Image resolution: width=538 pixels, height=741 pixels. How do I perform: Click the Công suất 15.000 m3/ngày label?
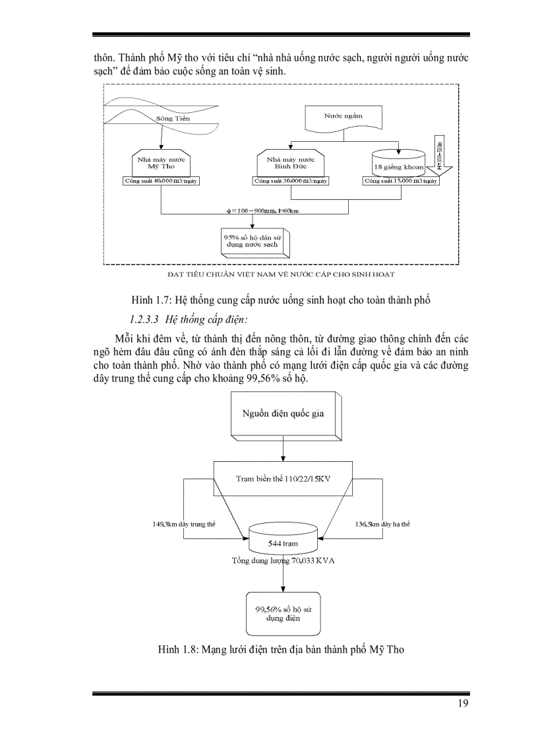[401, 181]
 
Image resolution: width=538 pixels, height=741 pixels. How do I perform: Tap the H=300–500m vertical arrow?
[440, 158]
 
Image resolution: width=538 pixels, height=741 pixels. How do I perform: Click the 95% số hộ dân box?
[253, 240]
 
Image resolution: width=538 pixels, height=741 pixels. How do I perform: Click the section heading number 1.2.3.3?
[146, 319]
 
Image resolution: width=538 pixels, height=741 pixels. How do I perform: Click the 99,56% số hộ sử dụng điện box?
[284, 614]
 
